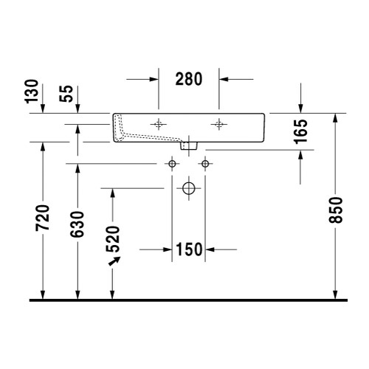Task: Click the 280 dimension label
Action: point(190,80)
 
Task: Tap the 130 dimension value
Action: point(32,92)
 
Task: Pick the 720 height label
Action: point(43,219)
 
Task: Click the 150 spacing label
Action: point(189,250)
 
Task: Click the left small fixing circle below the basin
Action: point(173,162)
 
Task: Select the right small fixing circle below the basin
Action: point(204,162)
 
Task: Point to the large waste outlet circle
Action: point(188,188)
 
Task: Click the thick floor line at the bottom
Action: point(188,300)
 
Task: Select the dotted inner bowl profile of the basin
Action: point(144,135)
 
